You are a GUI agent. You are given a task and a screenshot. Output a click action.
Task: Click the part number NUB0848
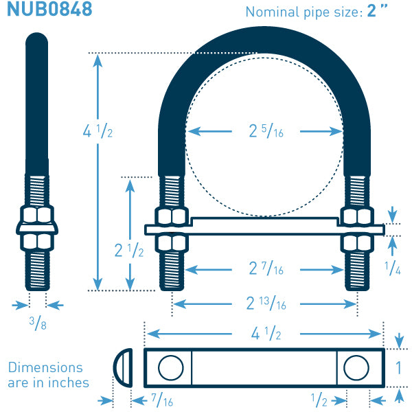click(49, 9)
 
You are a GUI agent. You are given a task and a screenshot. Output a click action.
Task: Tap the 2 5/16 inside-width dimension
click(266, 131)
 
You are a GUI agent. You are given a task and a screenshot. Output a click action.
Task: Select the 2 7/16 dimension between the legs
click(266, 268)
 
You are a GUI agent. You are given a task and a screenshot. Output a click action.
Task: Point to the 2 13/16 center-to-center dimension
click(266, 304)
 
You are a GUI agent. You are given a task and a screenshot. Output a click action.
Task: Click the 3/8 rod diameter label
click(38, 323)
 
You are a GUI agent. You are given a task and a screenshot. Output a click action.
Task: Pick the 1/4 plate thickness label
click(393, 268)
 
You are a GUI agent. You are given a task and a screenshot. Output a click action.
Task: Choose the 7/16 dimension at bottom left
click(162, 400)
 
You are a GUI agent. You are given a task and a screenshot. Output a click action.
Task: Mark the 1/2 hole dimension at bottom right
click(319, 400)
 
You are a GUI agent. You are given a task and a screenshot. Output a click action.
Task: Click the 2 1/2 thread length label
click(129, 250)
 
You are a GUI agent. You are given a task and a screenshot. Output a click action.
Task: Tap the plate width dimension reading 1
click(398, 367)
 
